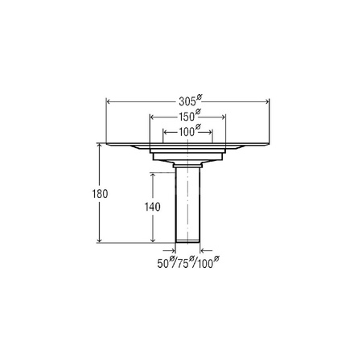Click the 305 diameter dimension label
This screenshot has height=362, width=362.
coord(191,101)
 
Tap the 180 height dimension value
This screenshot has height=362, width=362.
coord(100,194)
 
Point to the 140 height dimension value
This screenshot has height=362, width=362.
coord(153,207)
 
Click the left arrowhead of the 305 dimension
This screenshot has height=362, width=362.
coord(109,101)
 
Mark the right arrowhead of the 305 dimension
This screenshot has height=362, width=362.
coord(267,101)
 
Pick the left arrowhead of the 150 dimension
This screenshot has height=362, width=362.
coord(152,117)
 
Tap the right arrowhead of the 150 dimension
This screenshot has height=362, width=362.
coord(223,117)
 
